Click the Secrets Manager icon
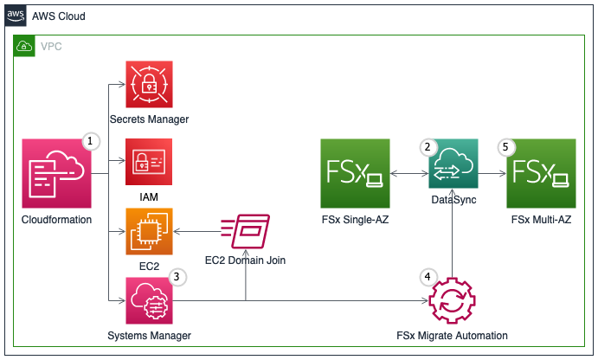(149, 84)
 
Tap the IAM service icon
(149, 162)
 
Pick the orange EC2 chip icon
(149, 231)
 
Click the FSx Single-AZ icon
(354, 174)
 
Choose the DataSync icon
(453, 163)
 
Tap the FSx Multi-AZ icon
(540, 174)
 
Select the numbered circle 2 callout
(427, 146)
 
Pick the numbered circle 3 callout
(177, 277)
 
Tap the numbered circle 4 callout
(427, 277)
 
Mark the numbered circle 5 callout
(506, 146)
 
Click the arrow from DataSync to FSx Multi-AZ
(492, 174)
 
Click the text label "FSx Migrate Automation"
(452, 336)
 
